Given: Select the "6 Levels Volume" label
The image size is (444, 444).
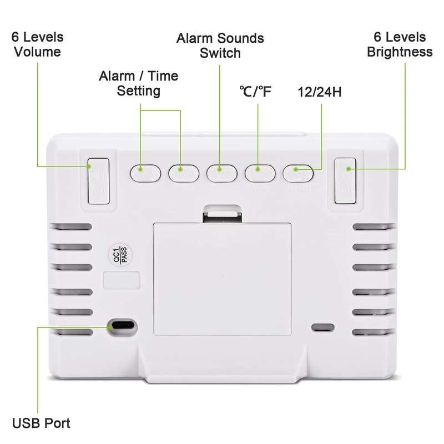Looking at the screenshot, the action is [37, 44].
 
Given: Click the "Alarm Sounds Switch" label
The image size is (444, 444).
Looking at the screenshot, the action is [220, 46].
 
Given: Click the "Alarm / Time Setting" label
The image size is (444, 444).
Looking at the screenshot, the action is [139, 83].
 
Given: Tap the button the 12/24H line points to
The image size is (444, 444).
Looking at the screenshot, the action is [299, 171].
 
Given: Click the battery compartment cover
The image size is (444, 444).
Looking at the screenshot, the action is [222, 277].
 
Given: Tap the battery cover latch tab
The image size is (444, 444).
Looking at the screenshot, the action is [222, 214].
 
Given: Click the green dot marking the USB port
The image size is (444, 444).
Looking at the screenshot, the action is [113, 327].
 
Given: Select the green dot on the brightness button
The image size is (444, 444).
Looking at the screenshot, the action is [349, 169].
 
